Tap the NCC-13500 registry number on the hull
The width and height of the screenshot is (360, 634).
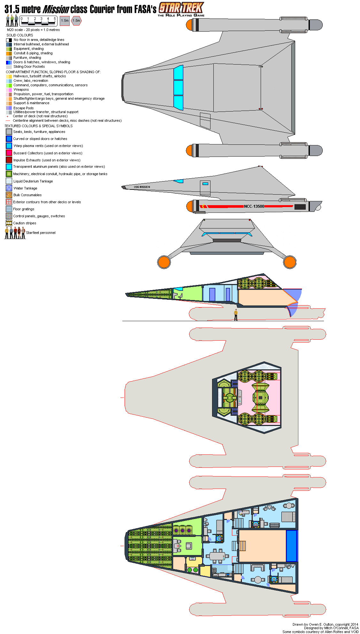click(x=254, y=206)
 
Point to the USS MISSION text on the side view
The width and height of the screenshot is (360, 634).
click(x=142, y=187)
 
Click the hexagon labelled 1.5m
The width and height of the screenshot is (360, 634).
click(x=76, y=21)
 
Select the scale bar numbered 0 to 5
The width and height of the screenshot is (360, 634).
click(x=38, y=21)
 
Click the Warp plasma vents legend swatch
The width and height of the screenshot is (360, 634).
click(x=9, y=146)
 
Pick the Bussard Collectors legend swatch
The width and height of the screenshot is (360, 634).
click(x=9, y=153)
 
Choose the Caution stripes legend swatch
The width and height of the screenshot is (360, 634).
click(x=9, y=223)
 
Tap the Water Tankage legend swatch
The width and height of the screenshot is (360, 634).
click(x=9, y=188)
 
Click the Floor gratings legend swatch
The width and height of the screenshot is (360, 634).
click(x=9, y=209)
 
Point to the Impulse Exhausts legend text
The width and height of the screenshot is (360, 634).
click(x=47, y=160)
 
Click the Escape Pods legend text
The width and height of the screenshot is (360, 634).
click(x=23, y=108)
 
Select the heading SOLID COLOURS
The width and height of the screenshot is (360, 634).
click(x=20, y=35)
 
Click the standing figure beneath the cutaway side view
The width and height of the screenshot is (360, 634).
click(x=236, y=315)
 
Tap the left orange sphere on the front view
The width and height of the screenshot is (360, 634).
click(x=164, y=262)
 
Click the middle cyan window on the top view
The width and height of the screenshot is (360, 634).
click(x=178, y=88)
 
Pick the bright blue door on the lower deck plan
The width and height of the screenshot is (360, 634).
click(x=292, y=546)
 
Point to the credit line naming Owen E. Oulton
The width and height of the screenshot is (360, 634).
click(x=325, y=624)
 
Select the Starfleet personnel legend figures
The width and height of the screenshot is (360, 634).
click(x=15, y=233)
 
